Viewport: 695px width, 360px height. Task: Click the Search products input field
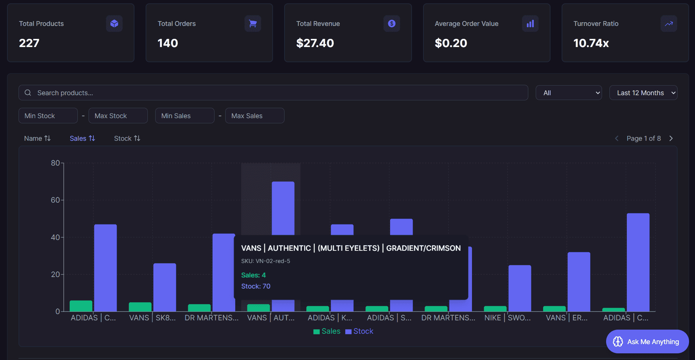pos(273,93)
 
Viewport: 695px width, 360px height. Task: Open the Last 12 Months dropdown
pos(643,93)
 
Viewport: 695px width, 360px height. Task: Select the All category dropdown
pos(568,93)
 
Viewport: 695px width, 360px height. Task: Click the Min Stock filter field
pos(48,116)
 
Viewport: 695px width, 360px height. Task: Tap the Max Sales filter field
pos(255,116)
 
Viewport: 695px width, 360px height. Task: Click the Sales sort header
pos(82,138)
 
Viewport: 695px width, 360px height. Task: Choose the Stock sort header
pos(127,138)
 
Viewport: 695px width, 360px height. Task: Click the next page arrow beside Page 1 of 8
pos(671,138)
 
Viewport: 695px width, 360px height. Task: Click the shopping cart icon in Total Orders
pos(253,24)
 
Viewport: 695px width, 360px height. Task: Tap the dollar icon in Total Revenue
pos(392,24)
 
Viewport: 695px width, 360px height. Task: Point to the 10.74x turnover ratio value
pos(591,43)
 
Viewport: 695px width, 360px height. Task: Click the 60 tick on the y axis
pos(55,200)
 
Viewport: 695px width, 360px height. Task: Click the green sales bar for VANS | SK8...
pos(140,307)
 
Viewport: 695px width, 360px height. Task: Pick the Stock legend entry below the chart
pos(359,331)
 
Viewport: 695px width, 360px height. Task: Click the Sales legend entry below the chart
pos(327,331)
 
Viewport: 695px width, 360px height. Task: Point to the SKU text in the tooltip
pos(266,261)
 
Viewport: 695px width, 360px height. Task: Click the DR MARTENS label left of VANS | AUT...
pos(211,318)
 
